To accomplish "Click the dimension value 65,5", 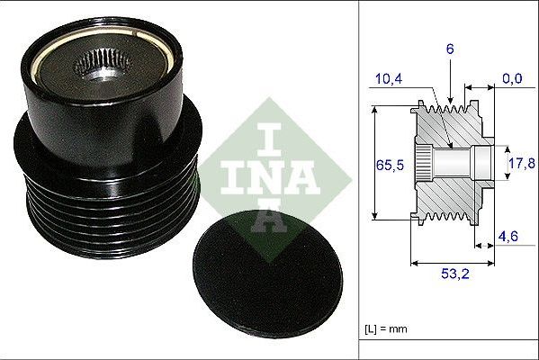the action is [x=390, y=166].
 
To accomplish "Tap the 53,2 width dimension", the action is [x=455, y=274].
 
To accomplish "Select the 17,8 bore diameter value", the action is [x=522, y=163].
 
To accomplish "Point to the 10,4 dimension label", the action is [x=389, y=79].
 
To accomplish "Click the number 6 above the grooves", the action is [x=450, y=49].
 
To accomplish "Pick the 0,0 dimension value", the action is [x=512, y=78].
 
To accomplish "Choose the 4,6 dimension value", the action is [x=508, y=236].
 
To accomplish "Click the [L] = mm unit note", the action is [x=386, y=329].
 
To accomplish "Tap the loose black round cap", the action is [x=268, y=274].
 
